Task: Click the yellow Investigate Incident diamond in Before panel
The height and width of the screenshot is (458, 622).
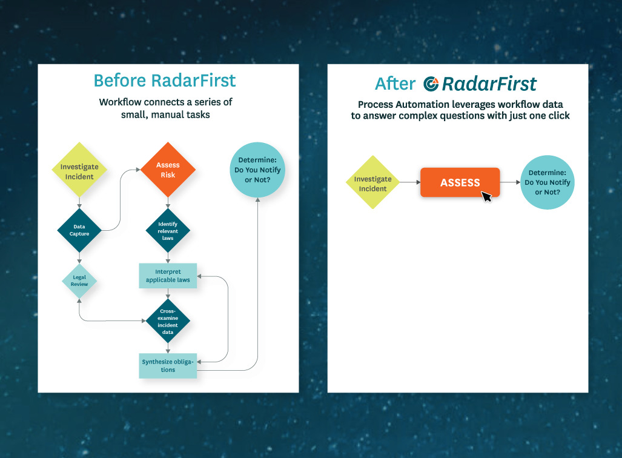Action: tap(79, 171)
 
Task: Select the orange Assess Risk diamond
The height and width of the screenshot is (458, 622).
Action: tap(168, 170)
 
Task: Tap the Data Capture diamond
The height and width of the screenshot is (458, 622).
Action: tap(79, 230)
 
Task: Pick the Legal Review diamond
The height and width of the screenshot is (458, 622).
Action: tap(79, 280)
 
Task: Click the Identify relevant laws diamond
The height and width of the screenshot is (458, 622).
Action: tap(168, 230)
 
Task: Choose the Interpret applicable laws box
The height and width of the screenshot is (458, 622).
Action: tap(168, 276)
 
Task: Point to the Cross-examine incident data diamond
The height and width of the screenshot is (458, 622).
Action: tap(168, 321)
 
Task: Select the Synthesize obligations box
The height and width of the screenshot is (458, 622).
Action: tap(168, 366)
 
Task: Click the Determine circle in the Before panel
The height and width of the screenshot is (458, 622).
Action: tap(257, 170)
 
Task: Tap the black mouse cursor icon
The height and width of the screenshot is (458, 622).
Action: tap(486, 196)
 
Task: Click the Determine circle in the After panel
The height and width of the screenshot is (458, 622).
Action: tap(547, 182)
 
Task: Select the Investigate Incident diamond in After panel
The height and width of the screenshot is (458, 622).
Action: tap(372, 183)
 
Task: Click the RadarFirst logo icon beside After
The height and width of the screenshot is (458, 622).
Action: tap(431, 84)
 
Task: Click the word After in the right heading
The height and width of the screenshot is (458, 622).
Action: tap(395, 84)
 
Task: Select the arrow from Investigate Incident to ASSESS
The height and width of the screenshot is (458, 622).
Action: tap(410, 182)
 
